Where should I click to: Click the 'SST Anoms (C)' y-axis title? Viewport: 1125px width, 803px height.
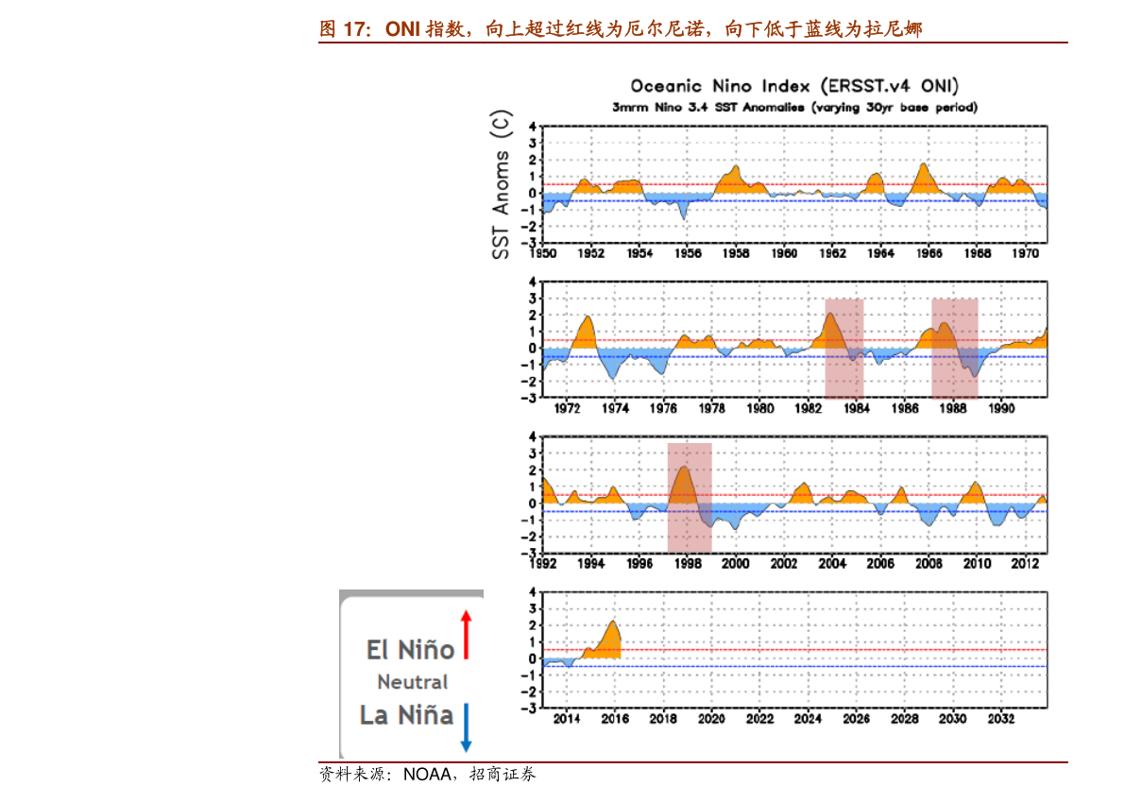(x=501, y=184)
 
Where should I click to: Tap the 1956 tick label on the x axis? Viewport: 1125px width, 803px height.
(x=689, y=253)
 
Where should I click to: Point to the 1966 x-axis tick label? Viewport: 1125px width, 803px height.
(x=929, y=253)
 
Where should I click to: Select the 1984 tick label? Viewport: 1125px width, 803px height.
(x=857, y=409)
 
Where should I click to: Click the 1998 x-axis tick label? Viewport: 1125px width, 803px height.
(x=688, y=564)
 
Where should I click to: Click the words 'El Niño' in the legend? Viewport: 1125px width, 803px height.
(x=411, y=650)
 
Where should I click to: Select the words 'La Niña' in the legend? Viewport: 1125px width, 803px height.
(x=407, y=715)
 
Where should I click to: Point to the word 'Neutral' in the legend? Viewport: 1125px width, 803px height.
(x=413, y=682)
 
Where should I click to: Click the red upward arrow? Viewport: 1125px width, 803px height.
(x=466, y=634)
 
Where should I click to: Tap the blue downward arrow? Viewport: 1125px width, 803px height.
(x=466, y=727)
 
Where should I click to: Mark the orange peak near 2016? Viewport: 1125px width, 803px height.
(x=613, y=624)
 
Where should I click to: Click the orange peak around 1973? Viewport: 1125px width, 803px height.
(x=588, y=319)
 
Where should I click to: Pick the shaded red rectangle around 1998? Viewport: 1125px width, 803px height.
(x=690, y=497)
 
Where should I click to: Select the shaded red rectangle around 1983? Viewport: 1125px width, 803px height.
(x=844, y=348)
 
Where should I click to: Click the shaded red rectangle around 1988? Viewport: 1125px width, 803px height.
(x=954, y=348)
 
